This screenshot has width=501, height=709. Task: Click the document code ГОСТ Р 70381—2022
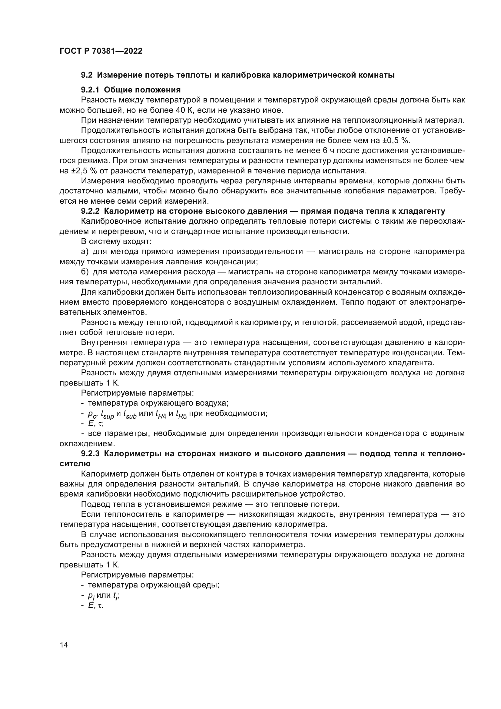click(x=101, y=51)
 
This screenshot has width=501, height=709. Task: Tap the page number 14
click(x=64, y=645)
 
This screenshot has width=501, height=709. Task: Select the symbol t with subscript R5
click(x=181, y=414)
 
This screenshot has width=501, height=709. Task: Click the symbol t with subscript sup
click(x=107, y=414)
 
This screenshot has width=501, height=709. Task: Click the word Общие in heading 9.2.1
click(x=117, y=90)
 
